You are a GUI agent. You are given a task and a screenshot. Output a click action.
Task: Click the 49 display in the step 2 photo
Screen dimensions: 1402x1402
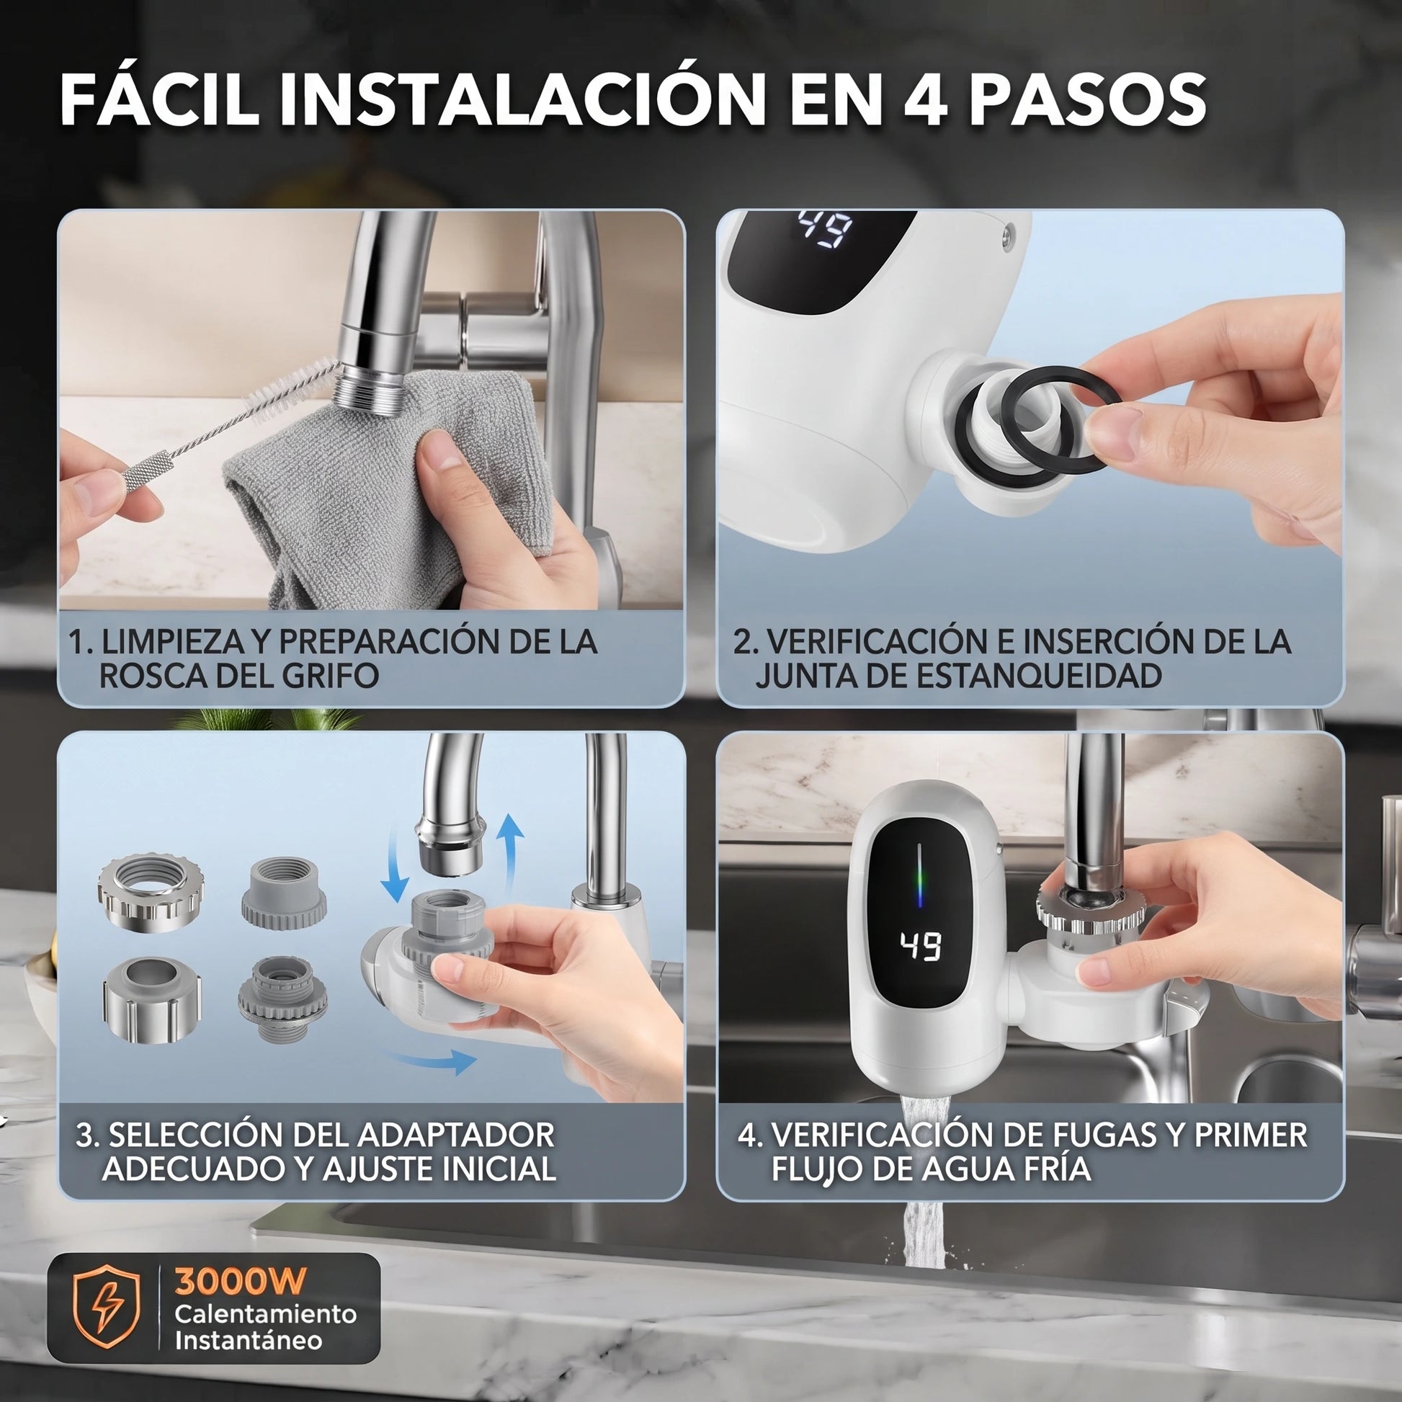825,229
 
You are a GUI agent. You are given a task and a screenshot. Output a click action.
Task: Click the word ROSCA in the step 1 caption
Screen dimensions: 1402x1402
153,675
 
